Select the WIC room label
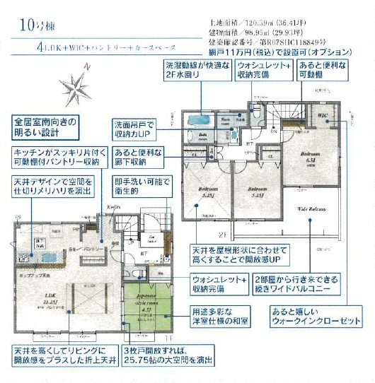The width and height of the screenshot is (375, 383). click(x=323, y=115)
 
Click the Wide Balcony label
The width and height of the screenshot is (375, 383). click(x=311, y=209)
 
